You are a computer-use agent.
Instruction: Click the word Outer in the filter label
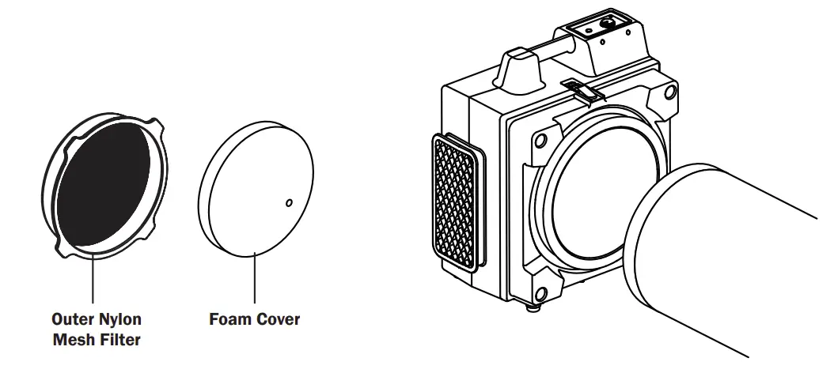[72, 319]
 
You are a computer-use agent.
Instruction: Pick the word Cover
[279, 319]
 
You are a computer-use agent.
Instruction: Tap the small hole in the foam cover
[289, 203]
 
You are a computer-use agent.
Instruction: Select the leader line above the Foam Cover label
[254, 277]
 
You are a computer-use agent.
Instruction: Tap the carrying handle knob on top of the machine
[519, 66]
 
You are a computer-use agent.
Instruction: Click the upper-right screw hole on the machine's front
[669, 94]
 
